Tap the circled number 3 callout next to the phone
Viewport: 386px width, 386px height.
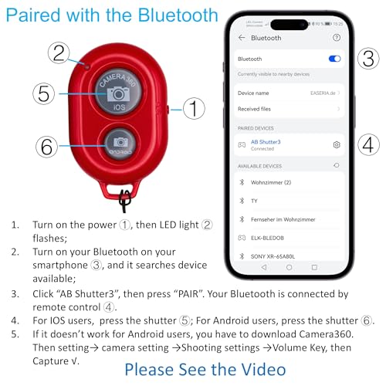click(x=368, y=59)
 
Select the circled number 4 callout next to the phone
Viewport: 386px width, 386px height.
click(x=368, y=144)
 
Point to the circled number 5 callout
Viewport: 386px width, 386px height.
click(x=45, y=94)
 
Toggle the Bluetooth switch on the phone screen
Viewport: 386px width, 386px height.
click(x=334, y=59)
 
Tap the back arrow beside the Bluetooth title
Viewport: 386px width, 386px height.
click(x=242, y=37)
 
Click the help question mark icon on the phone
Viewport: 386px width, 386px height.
click(x=337, y=37)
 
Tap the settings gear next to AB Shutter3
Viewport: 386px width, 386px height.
click(x=337, y=144)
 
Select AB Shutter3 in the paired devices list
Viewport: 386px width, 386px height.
click(x=265, y=142)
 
